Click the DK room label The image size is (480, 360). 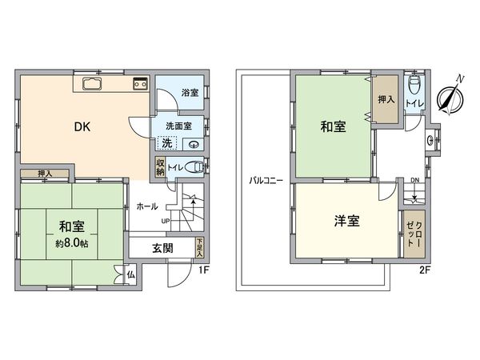click(x=82, y=126)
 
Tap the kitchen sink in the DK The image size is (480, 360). click(x=90, y=84)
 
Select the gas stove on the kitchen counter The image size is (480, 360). click(x=140, y=82)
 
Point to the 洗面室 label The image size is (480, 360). click(x=178, y=126)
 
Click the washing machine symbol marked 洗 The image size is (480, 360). click(x=166, y=143)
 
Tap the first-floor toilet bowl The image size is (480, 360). click(x=198, y=166)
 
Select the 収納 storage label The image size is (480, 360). click(x=160, y=166)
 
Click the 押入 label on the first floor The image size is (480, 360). click(x=46, y=174)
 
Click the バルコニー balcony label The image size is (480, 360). click(x=266, y=180)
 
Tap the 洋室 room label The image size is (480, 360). click(x=345, y=222)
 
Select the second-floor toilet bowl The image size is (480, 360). click(x=414, y=86)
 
